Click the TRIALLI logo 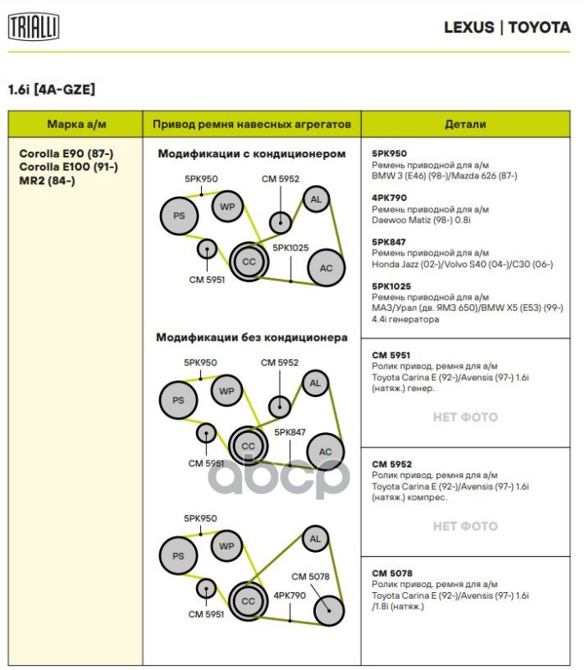(x=34, y=28)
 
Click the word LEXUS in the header (x=468, y=28)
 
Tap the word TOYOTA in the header (x=539, y=28)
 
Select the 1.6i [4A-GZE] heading (x=50, y=89)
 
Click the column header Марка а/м (x=76, y=124)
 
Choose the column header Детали (x=465, y=124)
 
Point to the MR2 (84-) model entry (x=47, y=180)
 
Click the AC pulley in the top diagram (x=326, y=268)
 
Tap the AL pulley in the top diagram (x=316, y=199)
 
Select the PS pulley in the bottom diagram (x=178, y=556)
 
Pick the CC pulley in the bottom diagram (x=248, y=601)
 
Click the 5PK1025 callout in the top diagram (x=290, y=248)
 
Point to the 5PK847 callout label (x=290, y=432)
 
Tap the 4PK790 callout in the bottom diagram (x=290, y=595)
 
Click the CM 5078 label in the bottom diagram (x=310, y=576)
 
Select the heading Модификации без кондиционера (x=251, y=338)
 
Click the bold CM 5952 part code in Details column (x=391, y=464)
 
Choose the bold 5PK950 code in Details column (x=389, y=153)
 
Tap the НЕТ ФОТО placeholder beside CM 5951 (x=465, y=417)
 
